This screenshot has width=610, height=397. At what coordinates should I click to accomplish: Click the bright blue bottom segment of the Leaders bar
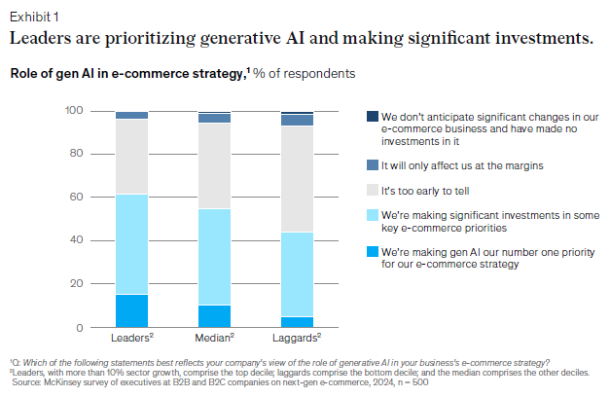pos(131,310)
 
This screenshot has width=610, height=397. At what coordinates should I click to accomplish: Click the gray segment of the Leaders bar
pos(131,157)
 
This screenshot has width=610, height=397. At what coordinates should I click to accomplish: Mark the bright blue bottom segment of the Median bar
pos(214,316)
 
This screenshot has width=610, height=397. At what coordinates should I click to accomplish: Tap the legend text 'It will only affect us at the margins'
pos(462,165)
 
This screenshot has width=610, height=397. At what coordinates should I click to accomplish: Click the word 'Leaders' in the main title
pos(45,39)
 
